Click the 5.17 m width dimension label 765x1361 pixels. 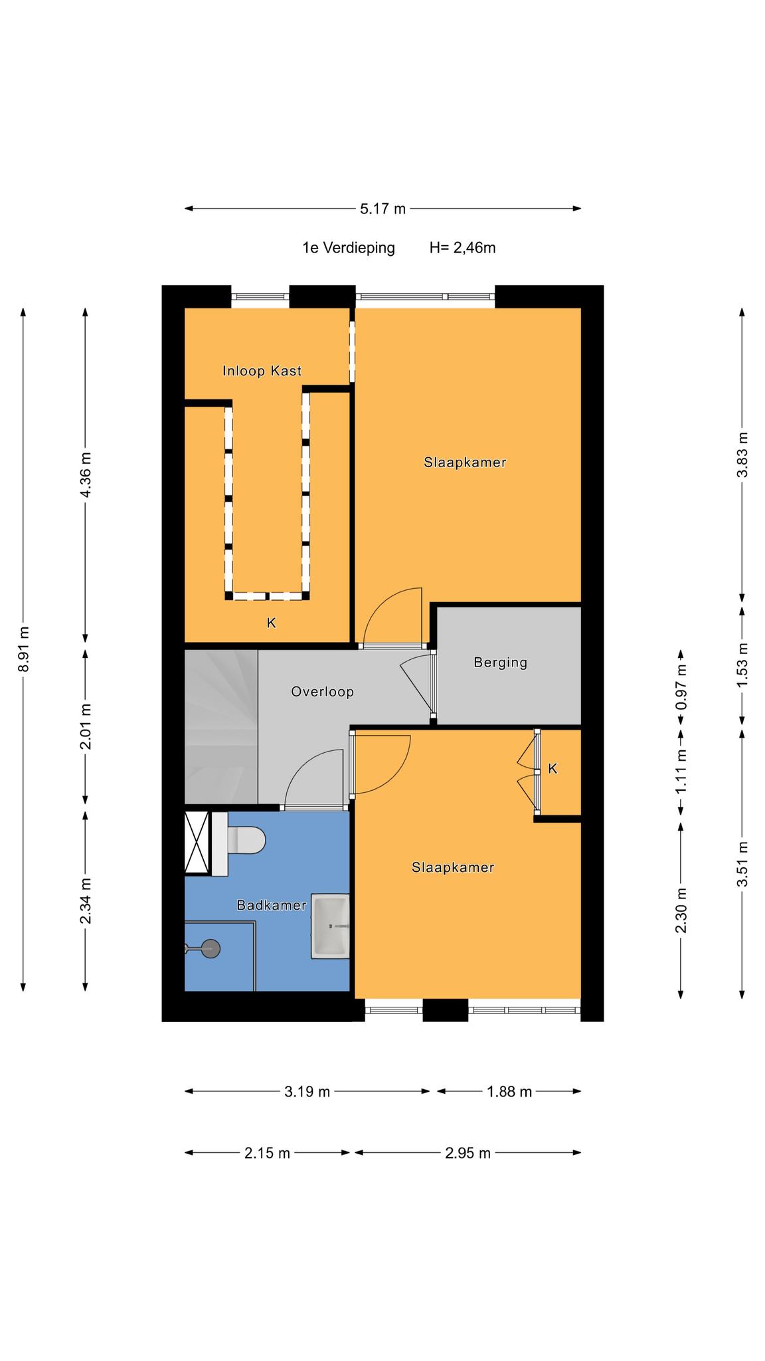[382, 209]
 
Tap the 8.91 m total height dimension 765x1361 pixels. [23, 649]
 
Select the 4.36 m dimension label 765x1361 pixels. [85, 474]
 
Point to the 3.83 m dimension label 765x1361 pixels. [742, 455]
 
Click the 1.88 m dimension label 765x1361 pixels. [509, 1091]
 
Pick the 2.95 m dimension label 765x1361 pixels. [467, 1153]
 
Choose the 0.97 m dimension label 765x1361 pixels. [681, 687]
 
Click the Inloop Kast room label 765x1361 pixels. [262, 371]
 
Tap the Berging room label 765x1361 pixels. [500, 663]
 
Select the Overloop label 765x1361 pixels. [322, 692]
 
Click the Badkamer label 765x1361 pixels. [272, 905]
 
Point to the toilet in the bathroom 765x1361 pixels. [239, 841]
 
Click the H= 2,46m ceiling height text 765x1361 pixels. [463, 248]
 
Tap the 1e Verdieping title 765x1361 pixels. [349, 249]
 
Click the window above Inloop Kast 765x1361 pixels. [260, 296]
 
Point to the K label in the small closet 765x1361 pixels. [552, 769]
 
